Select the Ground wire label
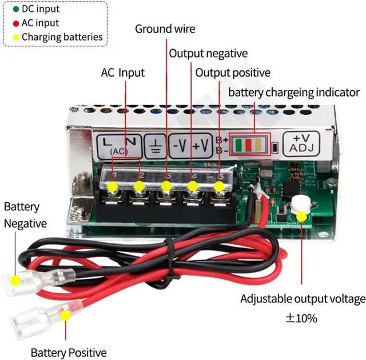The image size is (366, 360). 165,29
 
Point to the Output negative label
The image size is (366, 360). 208,54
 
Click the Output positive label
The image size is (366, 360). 233,73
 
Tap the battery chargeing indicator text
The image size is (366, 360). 294,92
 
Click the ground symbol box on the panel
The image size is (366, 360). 154,145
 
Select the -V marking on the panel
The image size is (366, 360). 179,145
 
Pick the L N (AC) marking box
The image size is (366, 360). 118,145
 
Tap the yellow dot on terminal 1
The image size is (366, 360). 113,187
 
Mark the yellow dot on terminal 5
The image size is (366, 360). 220,187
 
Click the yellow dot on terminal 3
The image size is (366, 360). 166,186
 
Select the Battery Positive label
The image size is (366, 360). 69,352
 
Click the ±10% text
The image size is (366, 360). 301,318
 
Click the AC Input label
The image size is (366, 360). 122,73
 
